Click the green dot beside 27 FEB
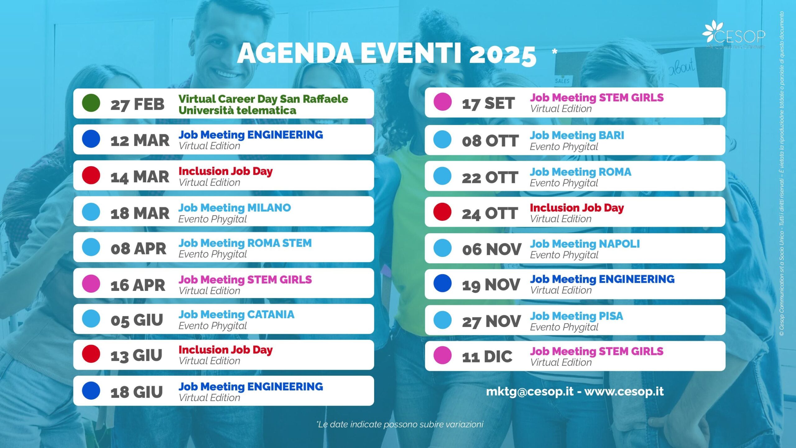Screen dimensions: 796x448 pos(91,103)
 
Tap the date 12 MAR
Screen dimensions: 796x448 pos(140,140)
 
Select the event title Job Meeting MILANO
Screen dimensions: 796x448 pos(234,208)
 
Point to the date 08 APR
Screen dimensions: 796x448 pos(138,249)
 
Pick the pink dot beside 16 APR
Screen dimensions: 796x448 pos(91,283)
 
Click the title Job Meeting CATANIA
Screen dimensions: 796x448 pos(236,315)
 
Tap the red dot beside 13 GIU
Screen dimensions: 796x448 pos(91,354)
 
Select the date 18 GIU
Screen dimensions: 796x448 pos(137,392)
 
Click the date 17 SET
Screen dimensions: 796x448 pos(488,103)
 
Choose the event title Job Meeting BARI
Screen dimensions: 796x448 pos(577,135)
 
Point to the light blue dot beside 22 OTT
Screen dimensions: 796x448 pos(442,176)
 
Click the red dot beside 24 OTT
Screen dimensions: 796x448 pos(442,212)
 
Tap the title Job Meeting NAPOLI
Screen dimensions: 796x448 pos(585,244)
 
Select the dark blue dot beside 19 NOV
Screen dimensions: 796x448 pos(442,283)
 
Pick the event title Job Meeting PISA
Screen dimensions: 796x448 pos(576,316)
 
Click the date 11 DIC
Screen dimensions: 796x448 pos(487,357)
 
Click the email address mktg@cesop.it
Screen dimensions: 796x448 pos(530,391)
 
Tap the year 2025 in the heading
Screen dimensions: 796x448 pos(503,55)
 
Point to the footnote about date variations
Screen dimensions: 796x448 pos(400,424)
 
